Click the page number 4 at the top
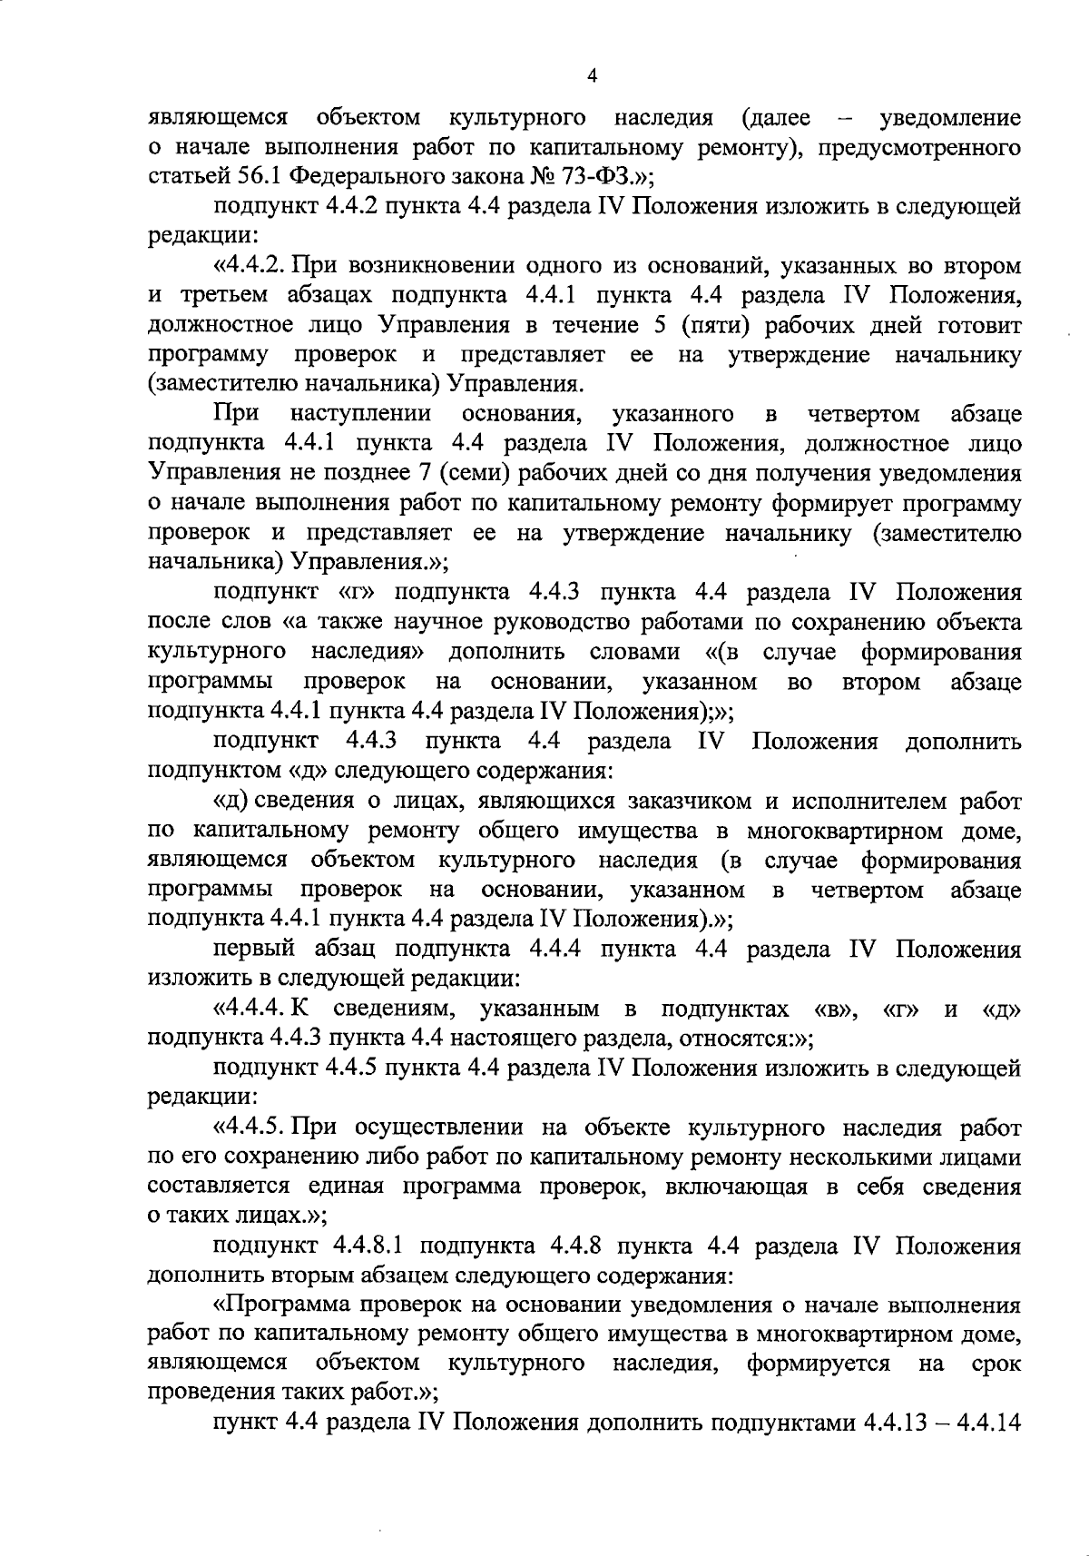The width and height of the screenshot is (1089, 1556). click(592, 76)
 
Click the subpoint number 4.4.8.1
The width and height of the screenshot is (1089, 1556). click(369, 1246)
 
